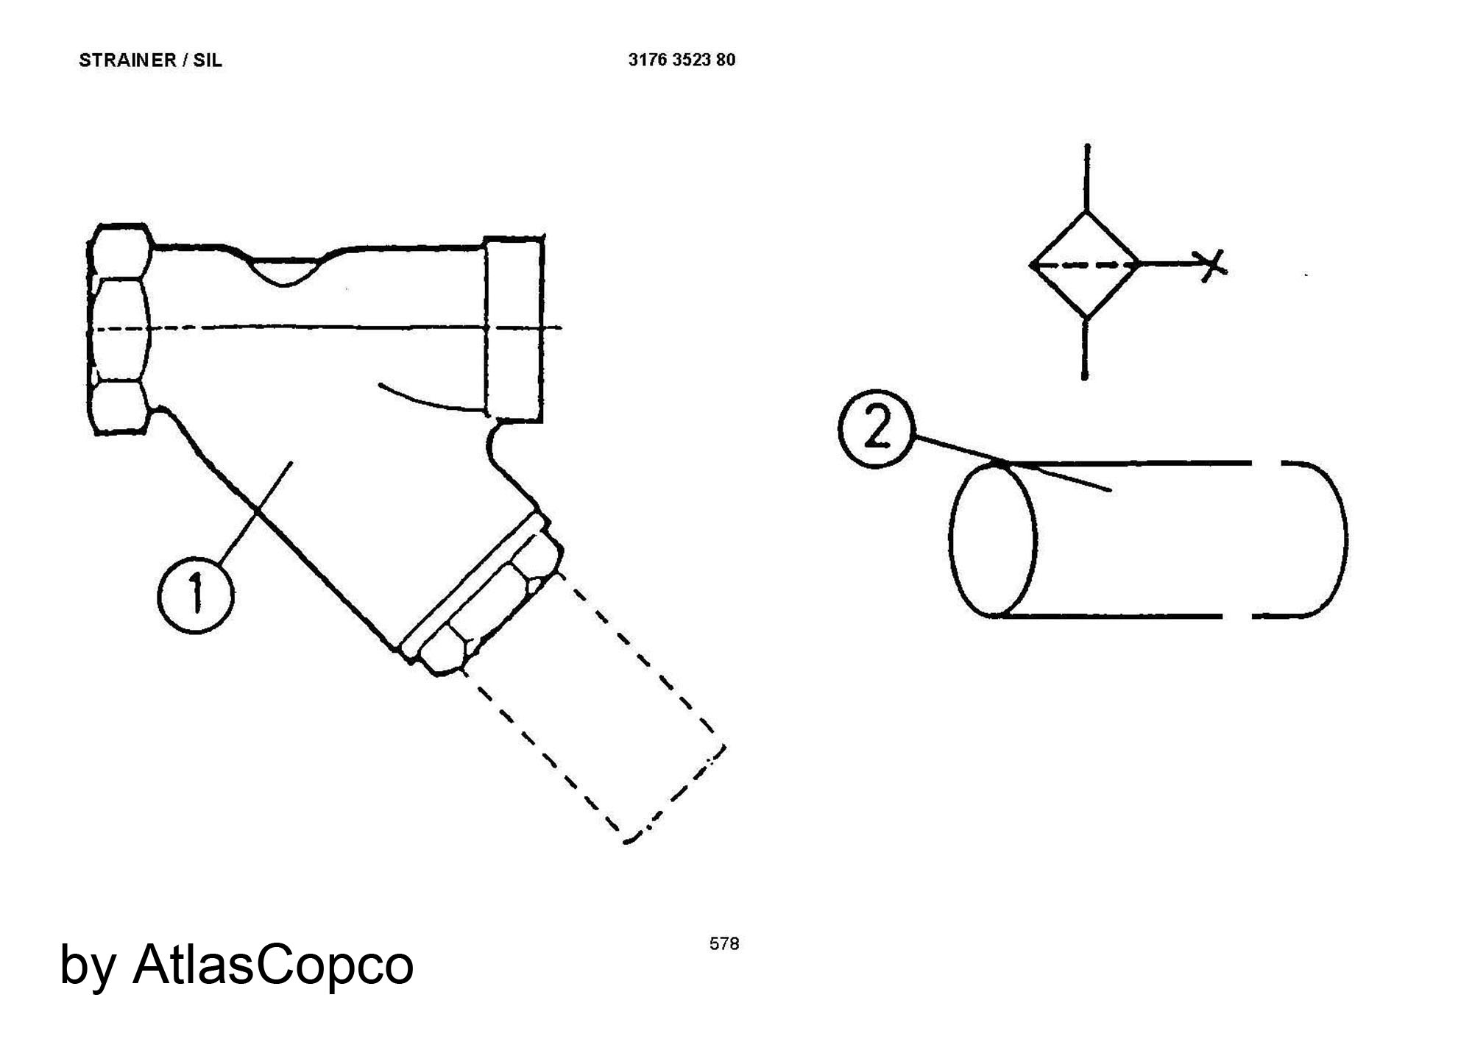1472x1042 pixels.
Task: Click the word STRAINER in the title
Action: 127,60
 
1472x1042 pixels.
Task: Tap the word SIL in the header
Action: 208,60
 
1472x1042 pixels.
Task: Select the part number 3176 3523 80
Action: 682,60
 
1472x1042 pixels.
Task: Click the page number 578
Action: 724,943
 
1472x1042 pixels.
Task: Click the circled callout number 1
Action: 196,595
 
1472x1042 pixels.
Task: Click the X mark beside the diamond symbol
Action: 1211,264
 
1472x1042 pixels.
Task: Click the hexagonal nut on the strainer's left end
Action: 119,330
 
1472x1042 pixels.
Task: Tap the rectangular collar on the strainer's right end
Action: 514,328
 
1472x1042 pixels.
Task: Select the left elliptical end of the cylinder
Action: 951,537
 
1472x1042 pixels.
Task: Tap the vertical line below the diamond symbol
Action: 1085,349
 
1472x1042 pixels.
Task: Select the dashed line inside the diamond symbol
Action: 1086,264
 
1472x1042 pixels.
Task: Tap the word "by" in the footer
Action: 87,965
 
